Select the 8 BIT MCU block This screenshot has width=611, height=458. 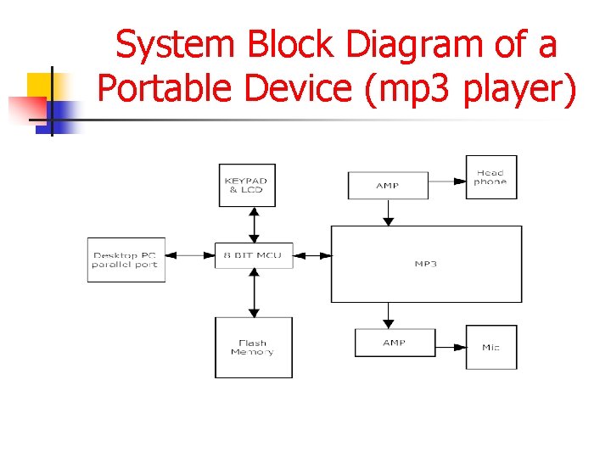coord(253,255)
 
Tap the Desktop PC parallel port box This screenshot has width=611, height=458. coord(126,260)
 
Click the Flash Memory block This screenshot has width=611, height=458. coord(253,348)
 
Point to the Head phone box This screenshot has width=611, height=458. coord(490,177)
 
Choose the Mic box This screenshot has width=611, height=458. coord(490,347)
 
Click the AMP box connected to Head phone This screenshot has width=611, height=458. coord(388,185)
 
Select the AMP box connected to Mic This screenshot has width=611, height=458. coord(395,343)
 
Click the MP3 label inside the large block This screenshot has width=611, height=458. coord(425,264)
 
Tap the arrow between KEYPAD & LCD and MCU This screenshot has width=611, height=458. coord(253,224)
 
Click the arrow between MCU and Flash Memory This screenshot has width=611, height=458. coord(253,293)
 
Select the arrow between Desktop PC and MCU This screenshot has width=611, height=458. coord(189,255)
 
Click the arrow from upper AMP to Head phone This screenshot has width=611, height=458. coord(446,178)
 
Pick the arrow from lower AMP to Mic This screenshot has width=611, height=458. coord(450,347)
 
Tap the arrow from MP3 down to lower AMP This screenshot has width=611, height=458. coord(389,316)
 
